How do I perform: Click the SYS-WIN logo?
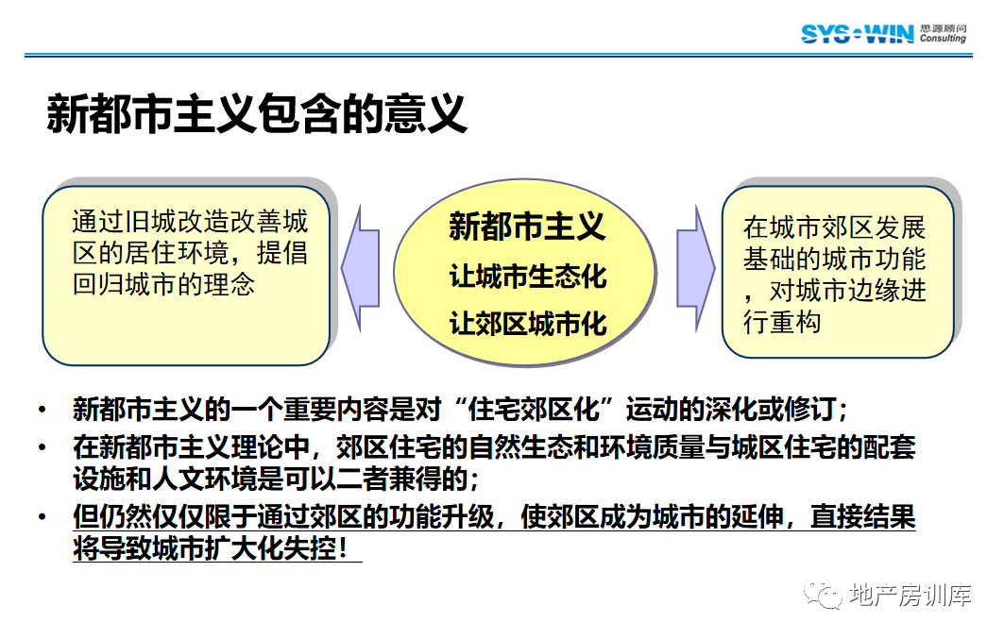pos(857,33)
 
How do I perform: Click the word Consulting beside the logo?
pos(943,39)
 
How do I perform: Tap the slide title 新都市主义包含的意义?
pos(257,114)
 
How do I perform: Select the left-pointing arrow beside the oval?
pos(361,269)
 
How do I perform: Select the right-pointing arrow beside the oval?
pos(695,269)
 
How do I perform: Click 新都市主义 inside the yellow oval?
pos(527,227)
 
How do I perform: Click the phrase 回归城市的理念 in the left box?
pos(164,284)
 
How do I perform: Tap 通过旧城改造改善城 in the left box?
pos(190,221)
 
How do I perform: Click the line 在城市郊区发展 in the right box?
pos(834,227)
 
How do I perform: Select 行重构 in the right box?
pos(782,322)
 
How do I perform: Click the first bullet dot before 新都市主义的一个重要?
pos(43,410)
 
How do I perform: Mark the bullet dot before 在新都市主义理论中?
pos(43,447)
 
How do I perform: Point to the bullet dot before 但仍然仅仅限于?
pos(43,517)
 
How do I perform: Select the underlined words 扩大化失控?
pos(270,548)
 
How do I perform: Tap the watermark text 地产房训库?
pos(910,595)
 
